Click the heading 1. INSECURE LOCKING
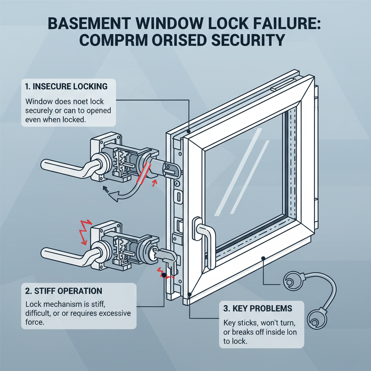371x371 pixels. [x=66, y=86]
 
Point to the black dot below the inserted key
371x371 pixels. [x=164, y=275]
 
